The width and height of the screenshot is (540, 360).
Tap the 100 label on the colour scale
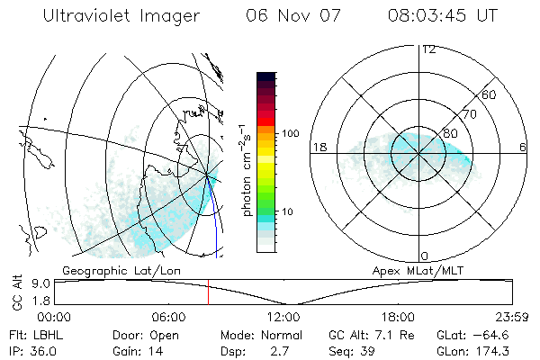tap(290, 133)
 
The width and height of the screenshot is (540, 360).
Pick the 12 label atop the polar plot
tap(429, 49)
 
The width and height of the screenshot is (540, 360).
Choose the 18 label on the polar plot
tap(318, 147)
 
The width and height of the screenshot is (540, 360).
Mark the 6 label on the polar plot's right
tap(523, 147)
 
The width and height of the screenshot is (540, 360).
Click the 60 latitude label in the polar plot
tap(490, 94)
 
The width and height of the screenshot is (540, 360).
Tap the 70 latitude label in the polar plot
tap(469, 115)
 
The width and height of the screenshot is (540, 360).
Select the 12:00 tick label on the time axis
tap(283, 317)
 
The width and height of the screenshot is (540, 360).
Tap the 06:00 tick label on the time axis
tap(168, 317)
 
